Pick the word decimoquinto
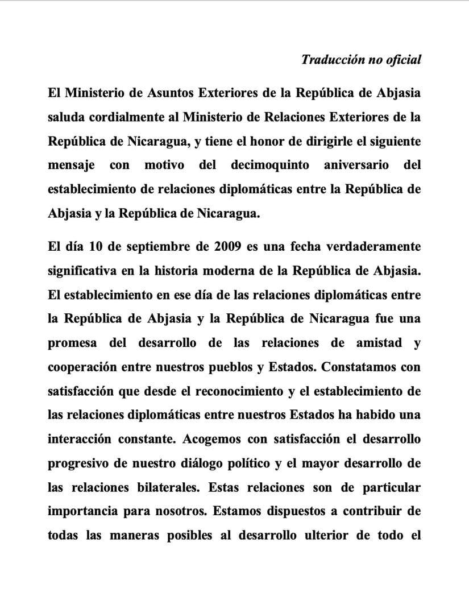click(x=270, y=165)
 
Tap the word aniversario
click(x=356, y=165)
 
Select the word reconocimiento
click(x=239, y=391)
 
